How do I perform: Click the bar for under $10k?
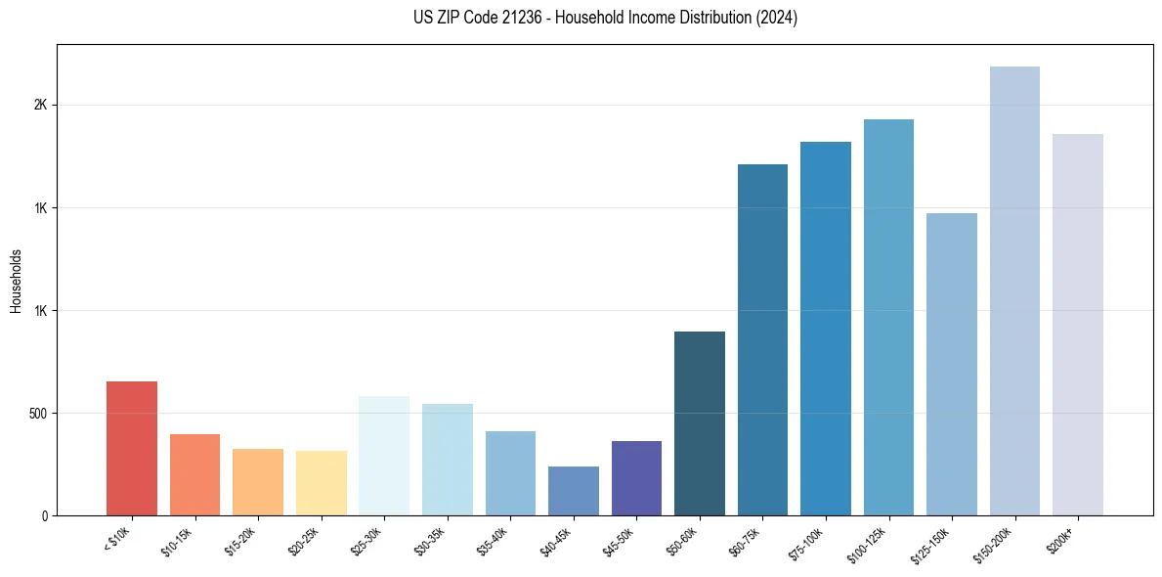coord(132,448)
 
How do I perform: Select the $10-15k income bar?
coord(194,474)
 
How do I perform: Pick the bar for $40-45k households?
coord(573,491)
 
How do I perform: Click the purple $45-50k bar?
coord(636,478)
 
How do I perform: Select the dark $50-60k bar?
coord(700,423)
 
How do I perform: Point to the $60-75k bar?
coord(762,339)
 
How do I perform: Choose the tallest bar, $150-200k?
coord(1014,290)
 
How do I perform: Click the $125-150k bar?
coord(952,364)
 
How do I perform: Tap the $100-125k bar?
coord(888,317)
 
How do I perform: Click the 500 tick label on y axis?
coord(38,414)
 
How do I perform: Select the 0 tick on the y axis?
coord(45,515)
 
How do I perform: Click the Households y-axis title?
coord(16,281)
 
